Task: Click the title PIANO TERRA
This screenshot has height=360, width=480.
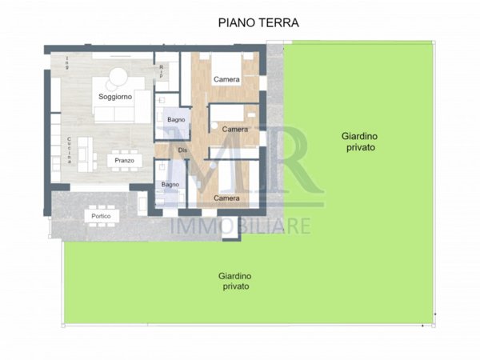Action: pos(258,23)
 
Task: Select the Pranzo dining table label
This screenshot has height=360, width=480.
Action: pos(123,161)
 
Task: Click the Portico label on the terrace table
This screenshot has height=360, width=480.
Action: pos(102,217)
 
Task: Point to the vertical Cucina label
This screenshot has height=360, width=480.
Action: pos(70,150)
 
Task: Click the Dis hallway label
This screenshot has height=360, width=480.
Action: pos(182,150)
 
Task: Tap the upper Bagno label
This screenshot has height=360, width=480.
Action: pos(176,120)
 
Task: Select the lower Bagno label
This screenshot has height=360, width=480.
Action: pos(170,185)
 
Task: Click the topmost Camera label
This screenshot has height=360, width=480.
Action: pos(227,80)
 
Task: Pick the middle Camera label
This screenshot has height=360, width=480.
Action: pos(234,129)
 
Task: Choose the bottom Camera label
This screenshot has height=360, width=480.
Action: pos(226,198)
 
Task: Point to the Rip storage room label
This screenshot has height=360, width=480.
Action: pos(162,71)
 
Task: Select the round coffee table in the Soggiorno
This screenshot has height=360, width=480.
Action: pos(118,77)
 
